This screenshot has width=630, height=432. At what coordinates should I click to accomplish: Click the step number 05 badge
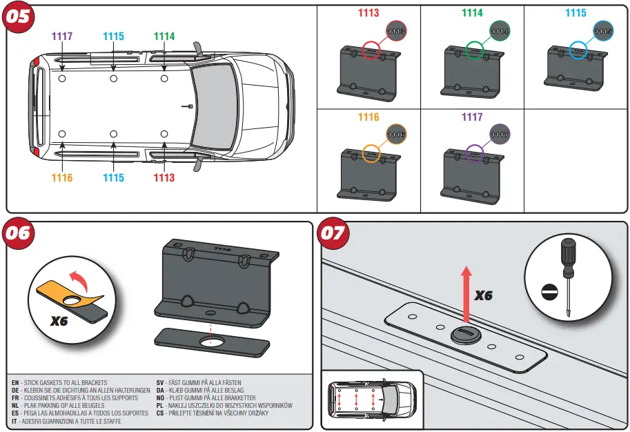click(21, 17)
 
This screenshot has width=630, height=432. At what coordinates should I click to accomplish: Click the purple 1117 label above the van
click(62, 37)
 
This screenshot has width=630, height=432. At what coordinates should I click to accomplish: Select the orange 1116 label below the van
click(61, 178)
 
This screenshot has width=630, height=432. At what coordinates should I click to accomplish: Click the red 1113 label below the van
click(164, 178)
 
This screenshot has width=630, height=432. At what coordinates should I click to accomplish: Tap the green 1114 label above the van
click(164, 37)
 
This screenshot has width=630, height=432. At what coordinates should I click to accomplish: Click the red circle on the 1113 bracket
click(371, 50)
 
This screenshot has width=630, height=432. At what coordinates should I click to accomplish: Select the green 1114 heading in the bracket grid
click(472, 13)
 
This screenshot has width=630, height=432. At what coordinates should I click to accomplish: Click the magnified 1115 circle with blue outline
click(604, 31)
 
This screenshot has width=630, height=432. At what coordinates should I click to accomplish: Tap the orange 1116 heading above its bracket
click(368, 117)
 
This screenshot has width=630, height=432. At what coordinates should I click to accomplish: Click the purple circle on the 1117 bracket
click(474, 154)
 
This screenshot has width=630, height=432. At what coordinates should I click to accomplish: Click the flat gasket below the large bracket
click(210, 342)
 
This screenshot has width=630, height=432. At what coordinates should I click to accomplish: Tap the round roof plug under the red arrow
click(465, 335)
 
